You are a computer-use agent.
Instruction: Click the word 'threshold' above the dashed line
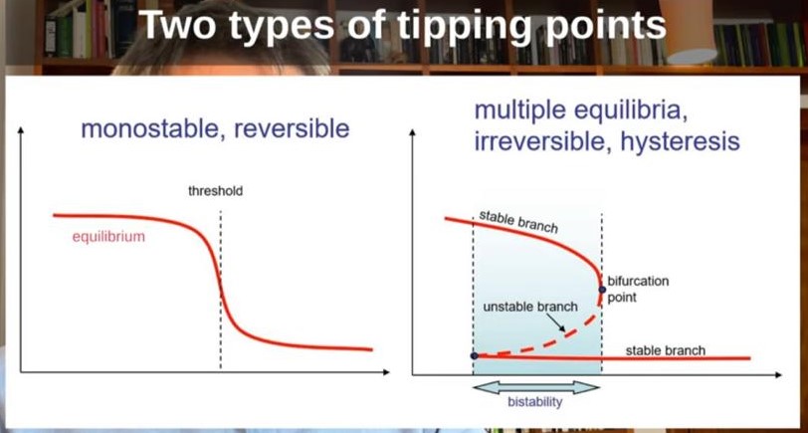click(x=215, y=192)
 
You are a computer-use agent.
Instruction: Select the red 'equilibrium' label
click(x=108, y=237)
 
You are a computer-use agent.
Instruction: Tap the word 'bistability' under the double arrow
click(x=535, y=401)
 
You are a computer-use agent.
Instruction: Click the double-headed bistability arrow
click(x=536, y=387)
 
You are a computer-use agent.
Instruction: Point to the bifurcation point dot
click(x=602, y=290)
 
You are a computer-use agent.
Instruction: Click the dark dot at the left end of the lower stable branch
click(x=475, y=355)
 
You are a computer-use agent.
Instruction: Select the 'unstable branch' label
click(x=530, y=307)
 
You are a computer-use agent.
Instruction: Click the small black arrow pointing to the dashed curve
click(x=556, y=323)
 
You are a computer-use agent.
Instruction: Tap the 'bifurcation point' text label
click(x=638, y=290)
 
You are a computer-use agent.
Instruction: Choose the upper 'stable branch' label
click(x=518, y=221)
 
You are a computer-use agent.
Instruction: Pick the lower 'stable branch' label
click(x=666, y=350)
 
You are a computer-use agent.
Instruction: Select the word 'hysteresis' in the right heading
click(x=681, y=141)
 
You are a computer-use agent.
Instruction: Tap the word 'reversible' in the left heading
click(x=292, y=128)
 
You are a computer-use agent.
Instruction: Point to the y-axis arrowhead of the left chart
click(x=21, y=129)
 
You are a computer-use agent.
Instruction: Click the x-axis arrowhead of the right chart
click(x=777, y=375)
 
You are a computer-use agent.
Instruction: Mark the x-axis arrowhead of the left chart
click(x=385, y=371)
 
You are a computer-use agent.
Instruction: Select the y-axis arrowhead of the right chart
click(x=412, y=132)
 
